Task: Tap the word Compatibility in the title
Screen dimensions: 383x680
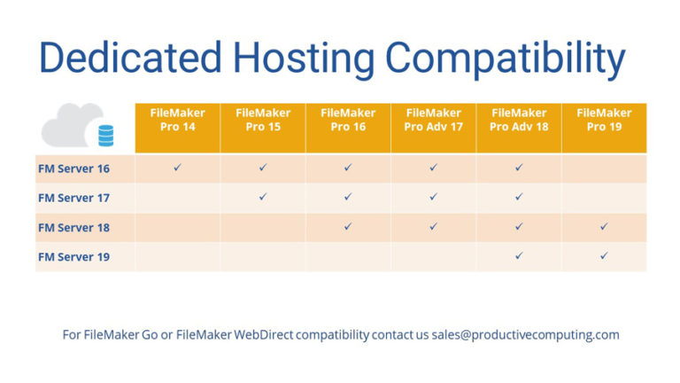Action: (506, 58)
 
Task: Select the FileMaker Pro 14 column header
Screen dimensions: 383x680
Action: (177, 120)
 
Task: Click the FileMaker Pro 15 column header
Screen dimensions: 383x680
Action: (262, 120)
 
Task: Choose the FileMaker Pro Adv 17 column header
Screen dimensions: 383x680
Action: (433, 120)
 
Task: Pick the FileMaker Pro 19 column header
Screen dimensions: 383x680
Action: (604, 120)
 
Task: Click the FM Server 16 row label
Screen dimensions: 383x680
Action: (73, 168)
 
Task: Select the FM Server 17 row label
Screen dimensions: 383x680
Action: (73, 197)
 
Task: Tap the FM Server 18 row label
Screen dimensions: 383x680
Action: (73, 227)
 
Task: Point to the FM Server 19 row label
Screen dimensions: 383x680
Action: (73, 256)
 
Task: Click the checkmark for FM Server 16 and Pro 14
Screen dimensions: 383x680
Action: (177, 167)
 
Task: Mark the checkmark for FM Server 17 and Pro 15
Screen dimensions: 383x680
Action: (262, 197)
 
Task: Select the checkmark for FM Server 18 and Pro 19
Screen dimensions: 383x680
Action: (604, 226)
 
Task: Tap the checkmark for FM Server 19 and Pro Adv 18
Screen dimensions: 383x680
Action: (519, 256)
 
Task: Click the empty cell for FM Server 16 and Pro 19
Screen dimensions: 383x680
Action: (604, 168)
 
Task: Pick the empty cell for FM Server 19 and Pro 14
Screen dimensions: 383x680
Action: (177, 256)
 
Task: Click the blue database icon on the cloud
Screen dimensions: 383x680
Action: (105, 136)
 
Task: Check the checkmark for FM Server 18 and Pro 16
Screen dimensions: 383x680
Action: (348, 226)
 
